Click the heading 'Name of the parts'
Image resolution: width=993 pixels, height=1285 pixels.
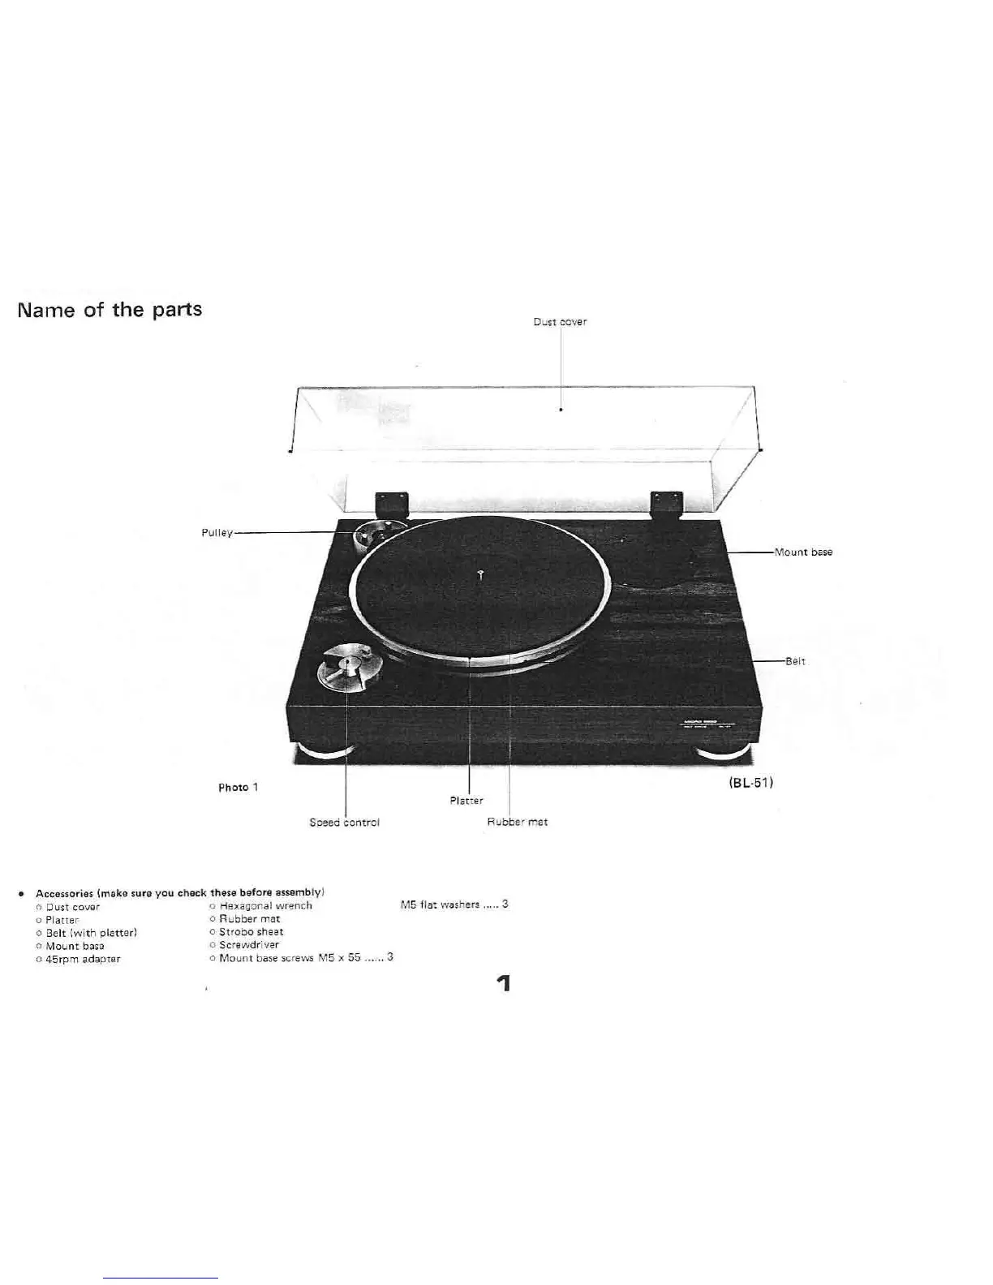click(x=110, y=310)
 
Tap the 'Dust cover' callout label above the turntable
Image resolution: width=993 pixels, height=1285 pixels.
click(x=560, y=322)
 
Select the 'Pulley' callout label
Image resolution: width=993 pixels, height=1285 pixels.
click(x=217, y=533)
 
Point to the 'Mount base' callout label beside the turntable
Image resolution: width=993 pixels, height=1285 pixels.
click(x=803, y=552)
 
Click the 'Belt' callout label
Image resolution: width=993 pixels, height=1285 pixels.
click(x=795, y=661)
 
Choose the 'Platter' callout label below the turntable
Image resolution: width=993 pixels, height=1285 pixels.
click(x=466, y=801)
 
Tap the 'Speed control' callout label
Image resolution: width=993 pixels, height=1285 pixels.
click(x=344, y=823)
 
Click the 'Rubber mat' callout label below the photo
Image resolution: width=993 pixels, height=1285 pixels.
click(x=517, y=822)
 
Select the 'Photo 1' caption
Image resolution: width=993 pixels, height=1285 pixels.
click(x=238, y=788)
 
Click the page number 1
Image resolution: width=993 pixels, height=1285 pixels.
click(x=504, y=984)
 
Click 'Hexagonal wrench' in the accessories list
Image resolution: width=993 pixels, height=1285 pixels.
click(x=265, y=906)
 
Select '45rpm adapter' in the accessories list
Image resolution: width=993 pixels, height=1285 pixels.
click(x=83, y=959)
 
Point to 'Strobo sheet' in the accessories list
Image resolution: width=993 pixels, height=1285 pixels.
click(x=251, y=932)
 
